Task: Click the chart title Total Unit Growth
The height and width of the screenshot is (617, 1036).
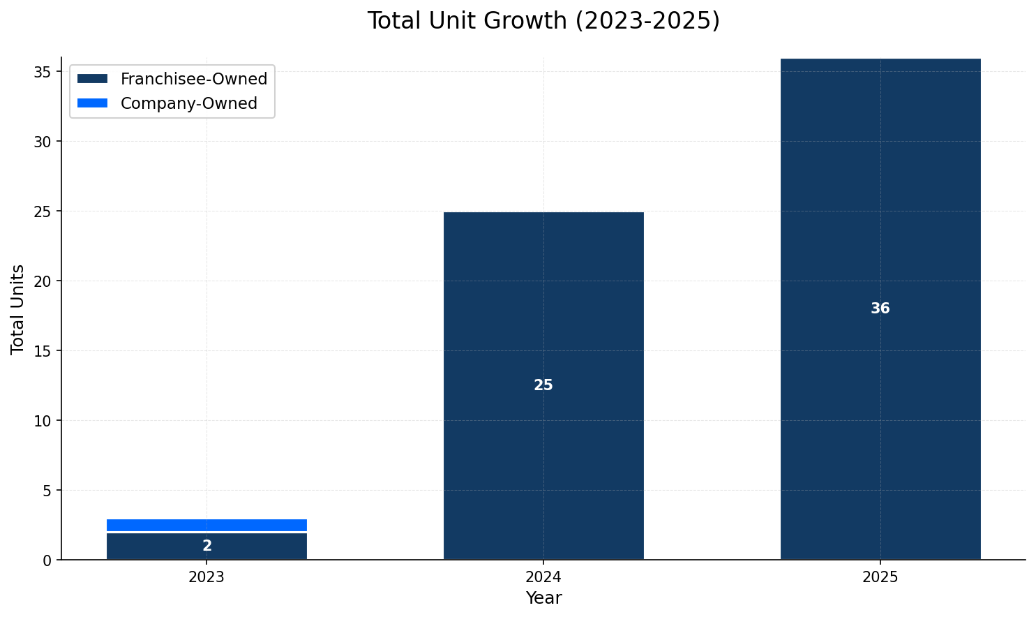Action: (x=543, y=21)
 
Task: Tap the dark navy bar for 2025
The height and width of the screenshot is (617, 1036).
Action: (x=880, y=209)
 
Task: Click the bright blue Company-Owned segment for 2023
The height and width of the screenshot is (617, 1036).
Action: (x=207, y=525)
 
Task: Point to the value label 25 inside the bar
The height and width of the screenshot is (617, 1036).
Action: (x=543, y=385)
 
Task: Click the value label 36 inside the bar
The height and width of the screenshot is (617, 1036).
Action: (x=880, y=308)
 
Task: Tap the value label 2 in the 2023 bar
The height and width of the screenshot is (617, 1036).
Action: (x=207, y=547)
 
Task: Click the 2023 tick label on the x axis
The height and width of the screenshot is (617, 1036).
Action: (x=207, y=578)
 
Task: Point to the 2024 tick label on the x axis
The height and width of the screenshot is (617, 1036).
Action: (x=543, y=578)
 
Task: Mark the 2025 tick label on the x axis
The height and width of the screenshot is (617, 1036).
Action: (x=880, y=578)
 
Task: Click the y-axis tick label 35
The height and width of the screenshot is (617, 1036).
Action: (x=43, y=72)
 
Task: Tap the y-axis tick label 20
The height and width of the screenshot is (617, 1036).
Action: (x=43, y=281)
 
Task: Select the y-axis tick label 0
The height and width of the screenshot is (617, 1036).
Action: (x=47, y=560)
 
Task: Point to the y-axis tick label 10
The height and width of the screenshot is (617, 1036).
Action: (x=43, y=421)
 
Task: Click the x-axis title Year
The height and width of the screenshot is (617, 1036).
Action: (x=543, y=598)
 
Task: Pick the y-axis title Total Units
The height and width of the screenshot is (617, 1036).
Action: (x=18, y=308)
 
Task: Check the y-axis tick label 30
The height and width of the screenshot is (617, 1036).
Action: (x=43, y=142)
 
